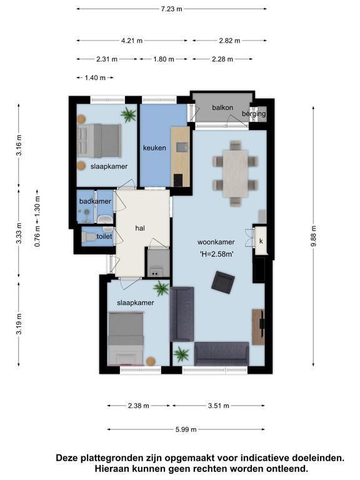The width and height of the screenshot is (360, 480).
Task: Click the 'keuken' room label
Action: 154,148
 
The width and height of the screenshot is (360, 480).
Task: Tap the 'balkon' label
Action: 222,107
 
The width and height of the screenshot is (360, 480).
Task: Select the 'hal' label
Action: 140,228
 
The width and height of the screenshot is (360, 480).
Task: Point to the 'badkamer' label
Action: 95,201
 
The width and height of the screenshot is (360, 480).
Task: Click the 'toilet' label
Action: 104,236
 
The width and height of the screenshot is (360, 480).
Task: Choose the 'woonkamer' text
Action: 216,242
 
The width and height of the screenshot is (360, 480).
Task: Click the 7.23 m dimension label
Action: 171,9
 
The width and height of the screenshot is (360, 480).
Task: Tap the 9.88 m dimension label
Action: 313,236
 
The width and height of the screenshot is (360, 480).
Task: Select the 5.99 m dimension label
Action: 186,429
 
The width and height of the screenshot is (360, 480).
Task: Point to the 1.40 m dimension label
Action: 95,77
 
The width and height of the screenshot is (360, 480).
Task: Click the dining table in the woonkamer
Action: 236,173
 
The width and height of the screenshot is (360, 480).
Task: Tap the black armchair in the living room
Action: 223,282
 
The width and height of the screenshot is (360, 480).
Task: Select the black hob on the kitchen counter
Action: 178,180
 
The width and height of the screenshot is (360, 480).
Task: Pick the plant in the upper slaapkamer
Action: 129,115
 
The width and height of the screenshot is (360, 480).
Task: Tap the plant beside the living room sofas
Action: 181,354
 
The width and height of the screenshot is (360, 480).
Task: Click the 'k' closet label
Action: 261,241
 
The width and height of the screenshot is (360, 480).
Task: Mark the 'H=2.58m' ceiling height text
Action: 217,254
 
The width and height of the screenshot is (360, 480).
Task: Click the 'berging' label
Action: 254,114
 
